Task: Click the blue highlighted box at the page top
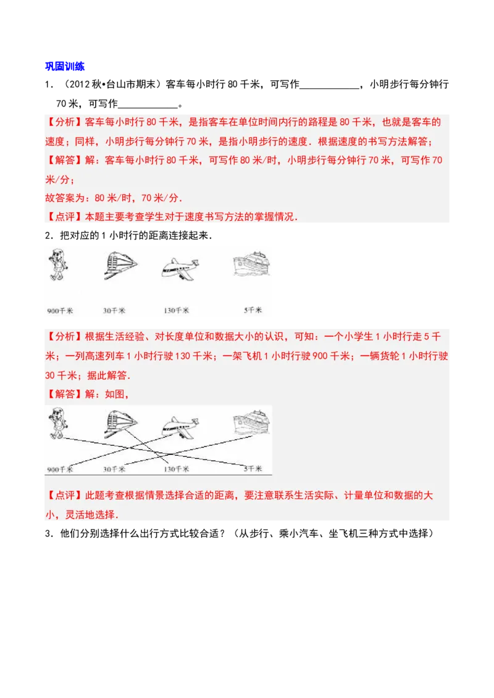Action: pos(66,67)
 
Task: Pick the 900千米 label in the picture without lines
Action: pos(60,310)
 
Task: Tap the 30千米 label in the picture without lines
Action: pos(114,310)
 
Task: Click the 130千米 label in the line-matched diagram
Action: pos(177,469)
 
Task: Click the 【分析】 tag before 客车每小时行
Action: pos(64,121)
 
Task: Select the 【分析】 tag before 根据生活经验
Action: pos(64,337)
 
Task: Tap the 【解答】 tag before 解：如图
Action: pos(64,394)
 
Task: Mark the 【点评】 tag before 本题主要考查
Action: pos(64,217)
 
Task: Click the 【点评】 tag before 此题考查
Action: pos(64,495)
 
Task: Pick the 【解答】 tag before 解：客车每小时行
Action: pos(64,160)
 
